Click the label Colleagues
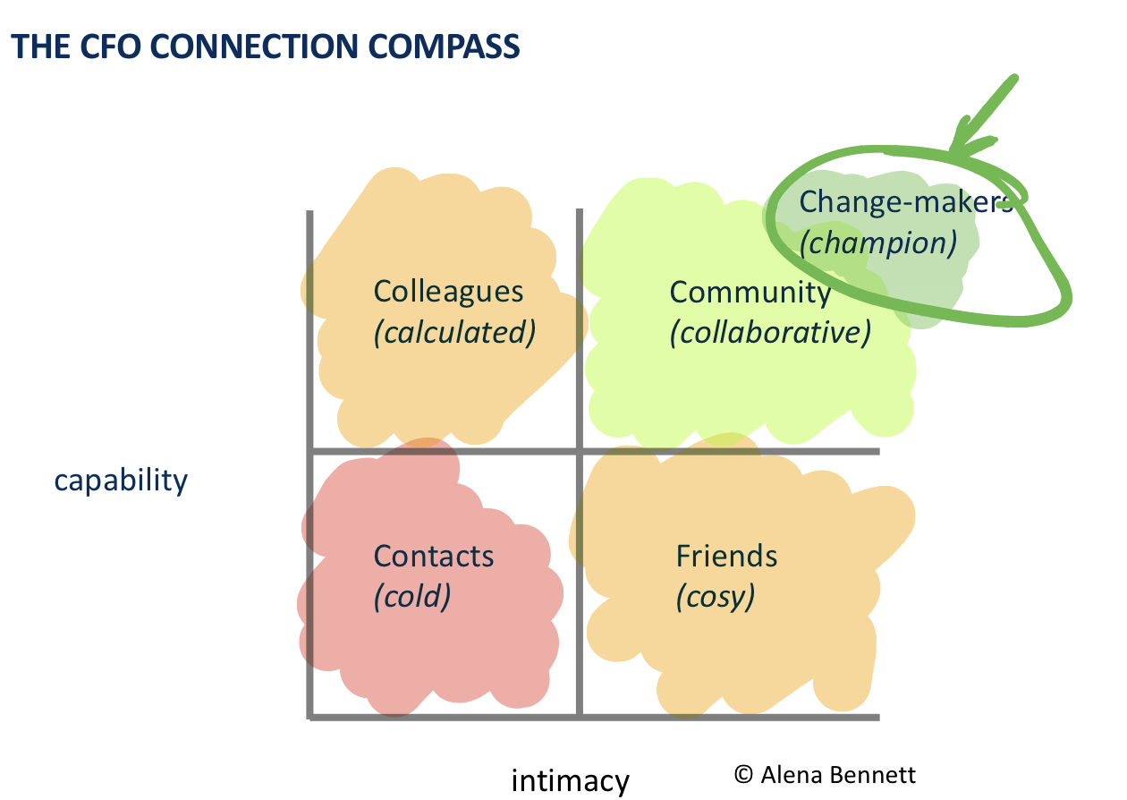(448, 293)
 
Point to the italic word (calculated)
(454, 333)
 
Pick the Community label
(750, 293)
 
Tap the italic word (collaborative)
(770, 333)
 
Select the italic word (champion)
(877, 243)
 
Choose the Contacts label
(434, 556)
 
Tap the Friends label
(727, 556)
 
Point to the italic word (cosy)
(716, 596)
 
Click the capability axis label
(122, 481)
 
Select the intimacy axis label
(571, 780)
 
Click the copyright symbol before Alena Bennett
(743, 774)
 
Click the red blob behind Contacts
(358, 644)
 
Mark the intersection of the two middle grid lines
(580, 451)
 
